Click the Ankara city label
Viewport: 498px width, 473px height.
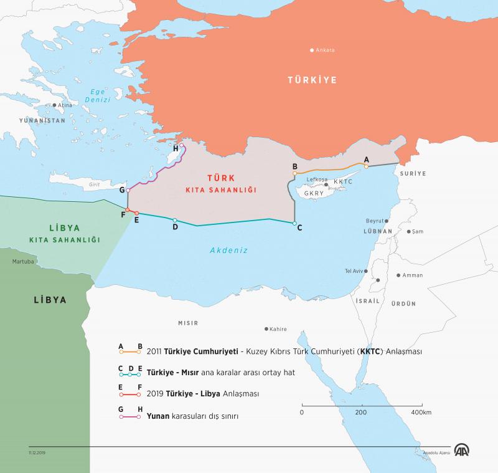click(x=326, y=50)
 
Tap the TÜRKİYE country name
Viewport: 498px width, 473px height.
click(x=311, y=80)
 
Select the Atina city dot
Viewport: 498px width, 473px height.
click(x=55, y=105)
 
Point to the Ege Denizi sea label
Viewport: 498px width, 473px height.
click(x=98, y=95)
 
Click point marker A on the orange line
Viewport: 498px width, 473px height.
click(x=366, y=166)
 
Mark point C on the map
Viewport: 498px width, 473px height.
click(x=294, y=223)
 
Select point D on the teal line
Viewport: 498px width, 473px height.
click(x=175, y=220)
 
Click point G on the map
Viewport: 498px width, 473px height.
click(x=128, y=189)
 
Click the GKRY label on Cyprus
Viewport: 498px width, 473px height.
click(x=314, y=193)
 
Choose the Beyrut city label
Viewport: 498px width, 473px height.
click(x=375, y=221)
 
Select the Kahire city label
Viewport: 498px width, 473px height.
click(x=278, y=328)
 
